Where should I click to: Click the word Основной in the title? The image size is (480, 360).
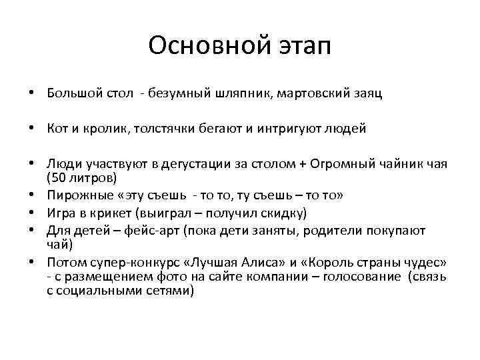(x=199, y=46)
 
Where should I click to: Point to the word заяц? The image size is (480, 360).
(x=368, y=93)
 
